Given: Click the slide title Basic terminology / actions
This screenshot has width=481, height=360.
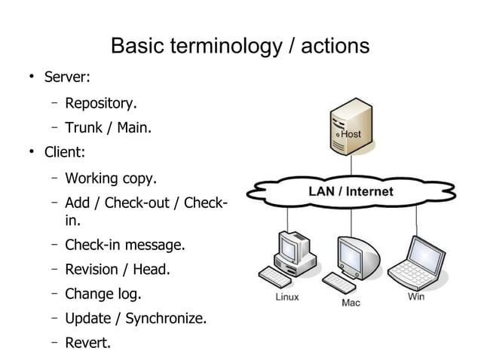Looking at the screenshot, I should coord(240,47).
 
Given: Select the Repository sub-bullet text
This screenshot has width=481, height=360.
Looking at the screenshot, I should coord(100,102).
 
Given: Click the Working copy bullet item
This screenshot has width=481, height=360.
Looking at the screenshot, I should coord(111,178).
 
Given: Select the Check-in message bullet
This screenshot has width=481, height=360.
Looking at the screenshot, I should coord(124,245).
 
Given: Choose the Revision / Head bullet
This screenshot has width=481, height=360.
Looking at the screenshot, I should coord(118,269).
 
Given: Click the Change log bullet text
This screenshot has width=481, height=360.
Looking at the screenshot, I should coord(103,293).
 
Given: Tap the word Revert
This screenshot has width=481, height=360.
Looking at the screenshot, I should coord(87,343).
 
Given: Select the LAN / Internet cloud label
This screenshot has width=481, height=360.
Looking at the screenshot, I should coord(351,191).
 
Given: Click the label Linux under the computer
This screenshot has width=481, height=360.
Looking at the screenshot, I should coord(286,297).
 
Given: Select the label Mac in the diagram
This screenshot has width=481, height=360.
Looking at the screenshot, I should coord(351,304).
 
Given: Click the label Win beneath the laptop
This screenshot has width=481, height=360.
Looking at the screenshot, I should coord(416,297).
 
